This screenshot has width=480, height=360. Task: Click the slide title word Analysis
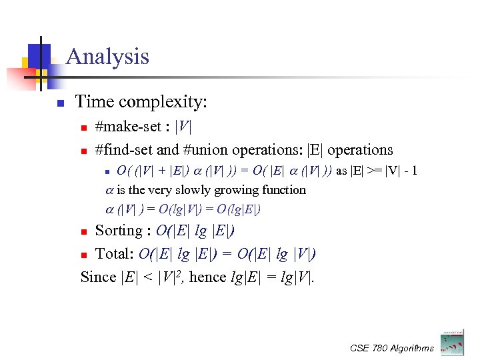107,56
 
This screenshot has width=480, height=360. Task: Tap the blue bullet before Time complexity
60,103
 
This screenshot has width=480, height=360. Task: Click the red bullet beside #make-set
83,127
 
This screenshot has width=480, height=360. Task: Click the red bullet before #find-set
83,151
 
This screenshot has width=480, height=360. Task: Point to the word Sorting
119,231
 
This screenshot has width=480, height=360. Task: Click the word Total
114,254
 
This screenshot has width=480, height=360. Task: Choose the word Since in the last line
98,277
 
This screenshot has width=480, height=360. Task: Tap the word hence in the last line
206,277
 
